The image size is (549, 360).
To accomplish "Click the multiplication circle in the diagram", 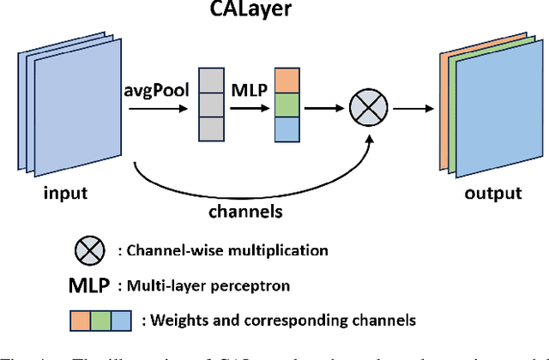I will (368, 107).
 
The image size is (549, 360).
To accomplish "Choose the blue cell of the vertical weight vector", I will (287, 129).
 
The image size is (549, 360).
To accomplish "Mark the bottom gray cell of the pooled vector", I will (210, 129).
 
